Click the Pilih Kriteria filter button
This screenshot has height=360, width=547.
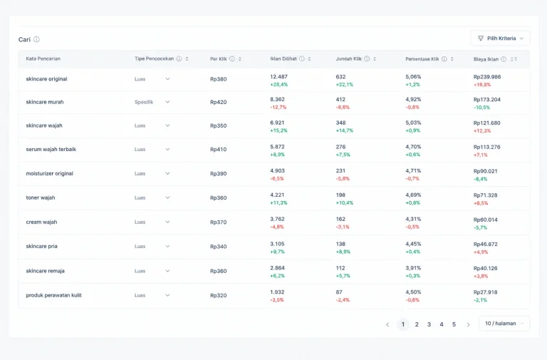tap(500, 38)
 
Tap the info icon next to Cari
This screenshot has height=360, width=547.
tap(36, 39)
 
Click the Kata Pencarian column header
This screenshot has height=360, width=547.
tap(43, 58)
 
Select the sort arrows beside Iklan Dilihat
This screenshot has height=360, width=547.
tap(309, 59)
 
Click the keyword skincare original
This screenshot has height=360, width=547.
tap(46, 79)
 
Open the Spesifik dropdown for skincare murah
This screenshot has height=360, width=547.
tap(152, 102)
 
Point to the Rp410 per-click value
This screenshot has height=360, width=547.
tap(219, 150)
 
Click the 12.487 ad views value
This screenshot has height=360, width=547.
tap(278, 77)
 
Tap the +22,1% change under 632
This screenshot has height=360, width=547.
tap(344, 85)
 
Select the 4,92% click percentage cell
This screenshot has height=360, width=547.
tap(413, 100)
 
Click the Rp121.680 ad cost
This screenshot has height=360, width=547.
tap(486, 123)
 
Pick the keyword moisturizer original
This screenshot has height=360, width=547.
tap(50, 173)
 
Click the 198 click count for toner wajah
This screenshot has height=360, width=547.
tap(340, 195)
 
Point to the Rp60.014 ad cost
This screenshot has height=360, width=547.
tap(485, 220)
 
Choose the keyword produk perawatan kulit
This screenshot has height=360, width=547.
tap(53, 295)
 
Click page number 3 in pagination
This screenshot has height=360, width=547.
tap(429, 324)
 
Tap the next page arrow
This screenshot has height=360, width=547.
tap(468, 325)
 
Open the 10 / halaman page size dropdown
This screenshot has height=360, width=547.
tap(504, 324)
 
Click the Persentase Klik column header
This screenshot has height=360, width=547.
tap(422, 59)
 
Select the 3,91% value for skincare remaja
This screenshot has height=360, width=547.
tap(413, 268)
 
